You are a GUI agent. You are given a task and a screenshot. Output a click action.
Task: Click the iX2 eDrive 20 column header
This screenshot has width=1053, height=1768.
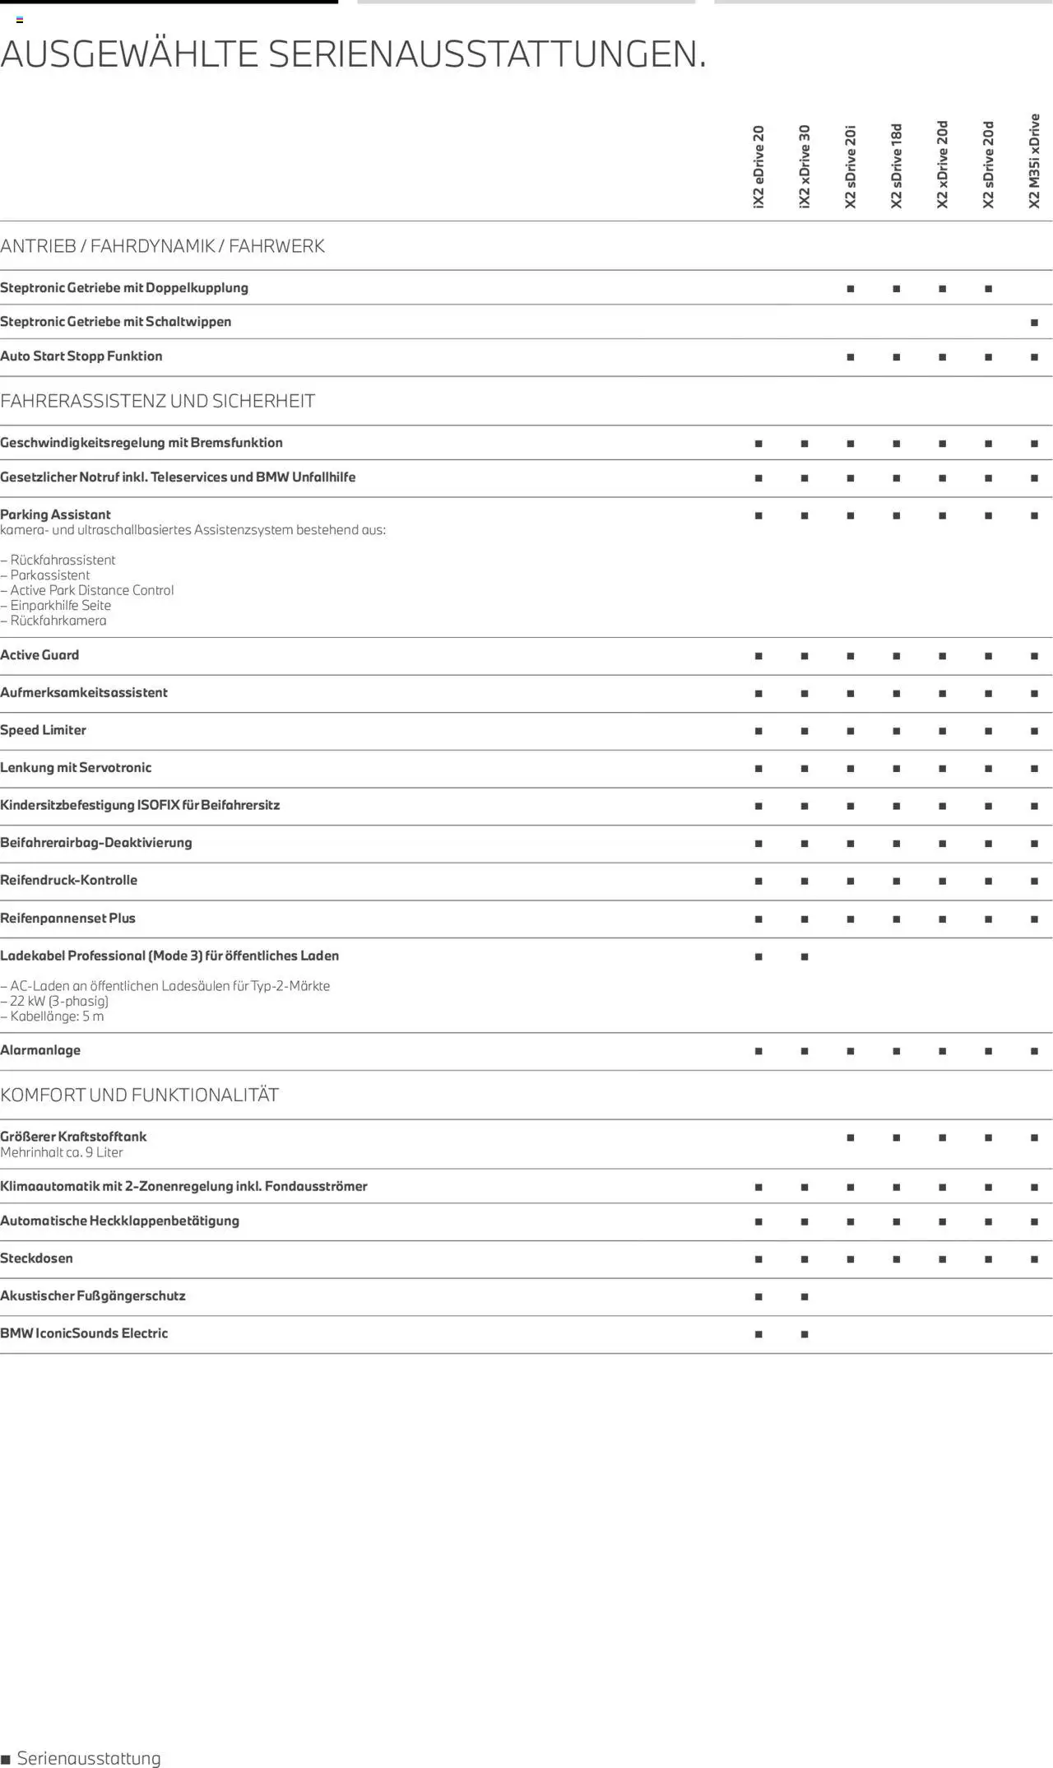click(x=758, y=167)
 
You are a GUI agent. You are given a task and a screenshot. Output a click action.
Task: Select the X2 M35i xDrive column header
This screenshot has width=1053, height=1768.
click(x=1034, y=161)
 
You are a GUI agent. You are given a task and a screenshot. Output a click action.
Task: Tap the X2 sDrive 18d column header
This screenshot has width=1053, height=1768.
click(x=897, y=166)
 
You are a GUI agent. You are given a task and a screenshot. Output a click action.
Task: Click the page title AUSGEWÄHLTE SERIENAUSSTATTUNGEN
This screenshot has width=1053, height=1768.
click(x=354, y=54)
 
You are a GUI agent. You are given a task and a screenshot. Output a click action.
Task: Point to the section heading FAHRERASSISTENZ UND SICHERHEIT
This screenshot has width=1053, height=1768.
click(x=158, y=401)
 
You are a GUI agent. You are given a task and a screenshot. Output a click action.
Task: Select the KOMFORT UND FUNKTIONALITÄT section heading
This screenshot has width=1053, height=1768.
click(x=140, y=1095)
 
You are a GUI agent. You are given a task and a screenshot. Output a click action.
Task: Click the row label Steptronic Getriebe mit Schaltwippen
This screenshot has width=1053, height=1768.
click(x=116, y=322)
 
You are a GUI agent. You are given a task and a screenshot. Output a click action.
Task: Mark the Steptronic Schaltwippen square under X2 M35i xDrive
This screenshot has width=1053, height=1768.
click(x=1034, y=323)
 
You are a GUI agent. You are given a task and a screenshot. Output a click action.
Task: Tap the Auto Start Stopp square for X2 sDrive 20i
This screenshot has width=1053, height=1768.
click(x=851, y=357)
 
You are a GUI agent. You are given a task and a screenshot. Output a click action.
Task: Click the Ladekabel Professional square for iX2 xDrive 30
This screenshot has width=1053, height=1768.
click(x=805, y=956)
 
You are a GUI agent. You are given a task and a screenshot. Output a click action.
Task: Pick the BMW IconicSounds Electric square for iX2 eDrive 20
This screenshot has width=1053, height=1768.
click(x=758, y=1334)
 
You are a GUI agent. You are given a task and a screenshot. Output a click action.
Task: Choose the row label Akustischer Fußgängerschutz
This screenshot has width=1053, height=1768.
click(x=93, y=1296)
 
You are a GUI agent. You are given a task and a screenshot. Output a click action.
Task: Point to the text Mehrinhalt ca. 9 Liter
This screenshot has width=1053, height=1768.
click(x=62, y=1152)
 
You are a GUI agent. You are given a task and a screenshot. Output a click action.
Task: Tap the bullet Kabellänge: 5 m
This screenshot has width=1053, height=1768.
click(x=53, y=1017)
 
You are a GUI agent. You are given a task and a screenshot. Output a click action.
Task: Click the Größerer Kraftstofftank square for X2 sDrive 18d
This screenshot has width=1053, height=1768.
click(x=897, y=1138)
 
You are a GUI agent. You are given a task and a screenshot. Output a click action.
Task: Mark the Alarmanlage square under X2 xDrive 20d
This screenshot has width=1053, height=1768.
click(x=942, y=1051)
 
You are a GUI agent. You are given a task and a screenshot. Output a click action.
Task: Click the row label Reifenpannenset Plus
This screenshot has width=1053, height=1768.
click(x=68, y=918)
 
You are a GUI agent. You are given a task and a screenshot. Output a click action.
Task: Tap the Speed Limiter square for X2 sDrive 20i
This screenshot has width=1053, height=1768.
click(x=851, y=731)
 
